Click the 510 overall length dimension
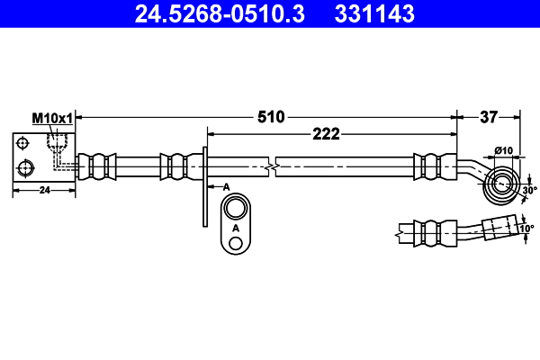coord(271,116)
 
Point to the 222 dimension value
coord(325,134)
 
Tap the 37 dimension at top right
coord(489,116)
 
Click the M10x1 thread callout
coord(52,118)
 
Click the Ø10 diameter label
coord(504,150)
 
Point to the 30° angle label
coord(528,190)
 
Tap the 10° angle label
coord(526,229)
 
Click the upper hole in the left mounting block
coord(23,144)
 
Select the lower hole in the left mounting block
coord(25,166)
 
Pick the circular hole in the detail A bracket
coord(236,210)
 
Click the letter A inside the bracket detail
coord(236,229)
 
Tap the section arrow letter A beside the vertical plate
coord(226,185)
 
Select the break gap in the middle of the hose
coord(272,166)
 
